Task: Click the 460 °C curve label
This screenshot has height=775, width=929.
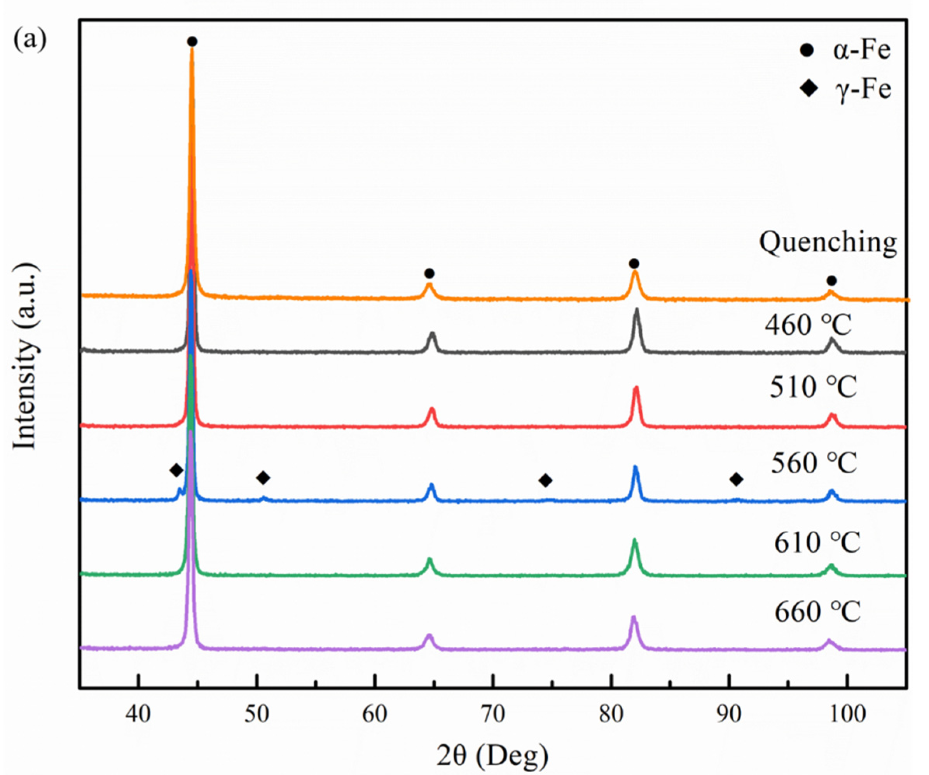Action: (x=808, y=325)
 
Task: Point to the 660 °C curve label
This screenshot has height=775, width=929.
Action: (x=817, y=612)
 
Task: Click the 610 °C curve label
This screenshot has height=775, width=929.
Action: (x=817, y=542)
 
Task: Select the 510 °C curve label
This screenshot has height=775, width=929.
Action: (x=813, y=387)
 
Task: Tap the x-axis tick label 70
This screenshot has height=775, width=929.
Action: (x=492, y=714)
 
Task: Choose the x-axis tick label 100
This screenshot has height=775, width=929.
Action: (x=847, y=714)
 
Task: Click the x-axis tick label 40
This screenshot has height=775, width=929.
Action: (x=138, y=714)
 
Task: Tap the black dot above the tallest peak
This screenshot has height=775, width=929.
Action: (x=192, y=42)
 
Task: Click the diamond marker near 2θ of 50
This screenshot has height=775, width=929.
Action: (x=263, y=478)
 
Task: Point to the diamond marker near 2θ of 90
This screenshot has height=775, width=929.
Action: (x=736, y=479)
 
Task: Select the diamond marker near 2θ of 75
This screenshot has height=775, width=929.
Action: (x=545, y=480)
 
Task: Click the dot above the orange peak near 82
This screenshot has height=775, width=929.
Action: (x=634, y=264)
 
